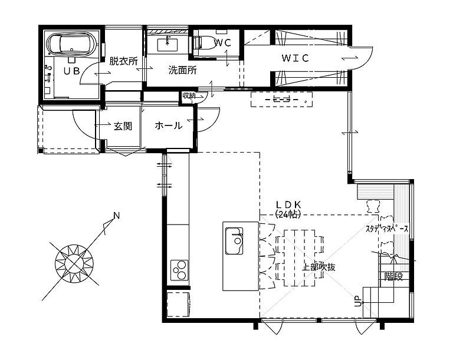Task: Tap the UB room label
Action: click(x=72, y=71)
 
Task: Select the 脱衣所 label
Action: click(x=123, y=60)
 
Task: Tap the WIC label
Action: click(x=295, y=58)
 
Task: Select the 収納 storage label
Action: click(x=189, y=95)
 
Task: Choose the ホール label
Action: click(x=168, y=125)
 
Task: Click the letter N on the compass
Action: click(x=116, y=216)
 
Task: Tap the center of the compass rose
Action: click(x=75, y=262)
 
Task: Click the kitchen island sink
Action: click(x=235, y=241)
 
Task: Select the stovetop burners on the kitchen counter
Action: click(x=179, y=270)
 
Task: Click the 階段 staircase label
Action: click(x=393, y=276)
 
